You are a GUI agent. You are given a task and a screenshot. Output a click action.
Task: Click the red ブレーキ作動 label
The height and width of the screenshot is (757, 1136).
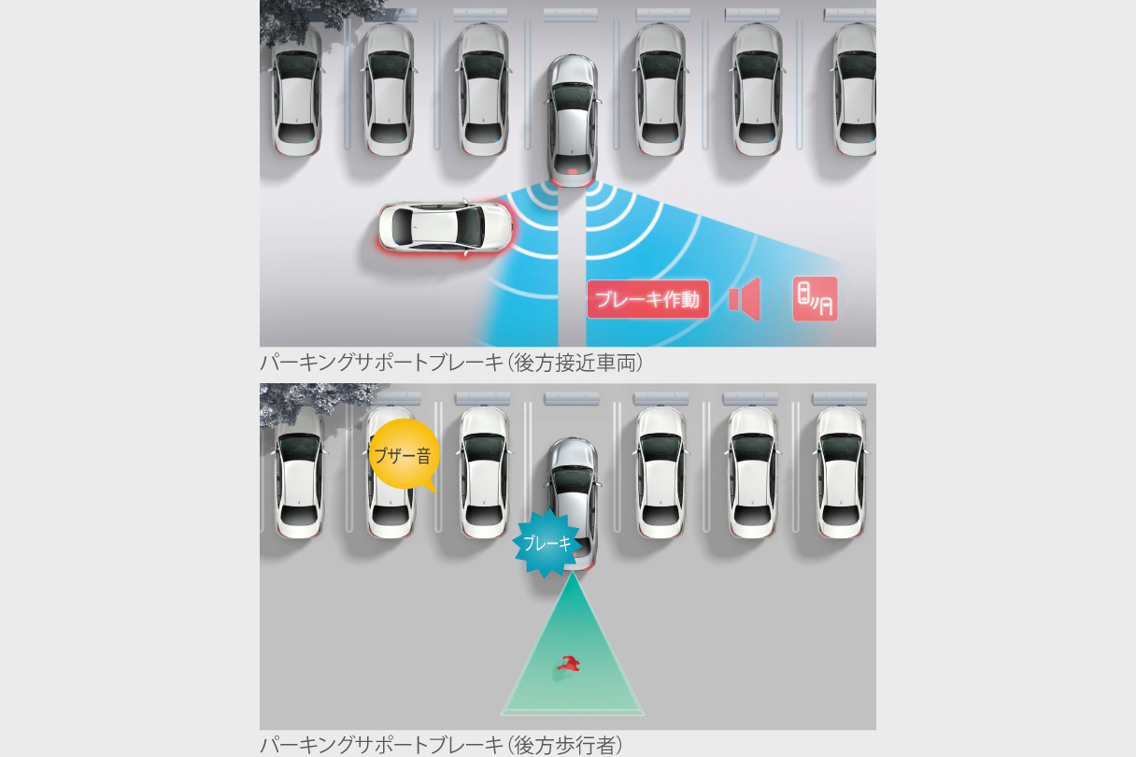click(647, 299)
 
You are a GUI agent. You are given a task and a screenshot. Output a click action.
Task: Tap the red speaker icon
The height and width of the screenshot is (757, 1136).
click(745, 299)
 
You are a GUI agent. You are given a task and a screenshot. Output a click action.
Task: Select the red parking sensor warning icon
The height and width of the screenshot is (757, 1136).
click(815, 299)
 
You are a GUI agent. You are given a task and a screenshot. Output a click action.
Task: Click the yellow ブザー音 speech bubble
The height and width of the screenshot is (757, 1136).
click(404, 455)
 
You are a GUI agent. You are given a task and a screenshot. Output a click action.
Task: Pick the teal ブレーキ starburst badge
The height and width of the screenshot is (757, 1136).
click(547, 543)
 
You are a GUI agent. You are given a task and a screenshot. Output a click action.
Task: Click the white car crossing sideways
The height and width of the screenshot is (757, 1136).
click(446, 227)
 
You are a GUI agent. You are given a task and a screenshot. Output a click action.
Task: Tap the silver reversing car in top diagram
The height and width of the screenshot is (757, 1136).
click(573, 121)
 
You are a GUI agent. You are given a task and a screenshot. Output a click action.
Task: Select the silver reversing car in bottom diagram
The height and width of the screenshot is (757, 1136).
click(573, 502)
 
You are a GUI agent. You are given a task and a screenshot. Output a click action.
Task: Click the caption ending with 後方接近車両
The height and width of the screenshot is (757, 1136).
click(451, 364)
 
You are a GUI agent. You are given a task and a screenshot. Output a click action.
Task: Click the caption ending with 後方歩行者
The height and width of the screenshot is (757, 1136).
click(441, 745)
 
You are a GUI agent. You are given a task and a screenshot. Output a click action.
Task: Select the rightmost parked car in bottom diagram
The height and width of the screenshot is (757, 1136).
click(841, 472)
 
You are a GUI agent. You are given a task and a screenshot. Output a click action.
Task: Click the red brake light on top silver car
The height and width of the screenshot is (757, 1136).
click(573, 171)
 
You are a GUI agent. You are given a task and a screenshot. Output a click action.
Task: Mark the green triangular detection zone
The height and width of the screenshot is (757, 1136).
click(573, 654)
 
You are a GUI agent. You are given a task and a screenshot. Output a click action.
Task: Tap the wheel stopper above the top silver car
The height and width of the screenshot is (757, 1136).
click(571, 16)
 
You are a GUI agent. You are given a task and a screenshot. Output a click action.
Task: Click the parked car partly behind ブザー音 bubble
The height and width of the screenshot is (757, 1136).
click(390, 472)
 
